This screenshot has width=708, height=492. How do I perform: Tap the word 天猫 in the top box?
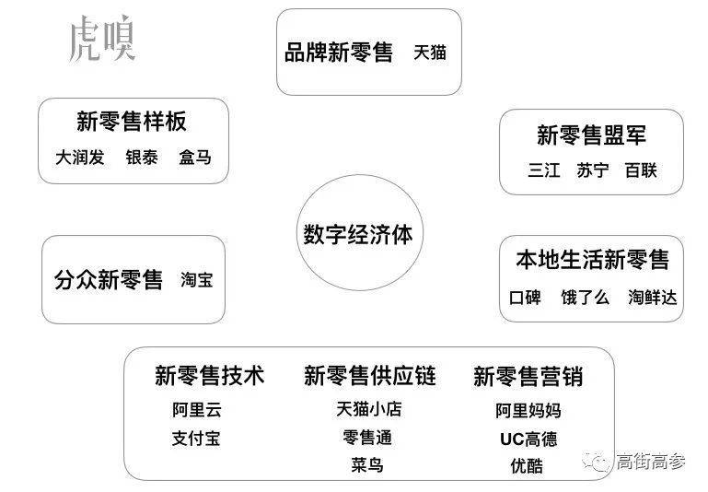tap(429, 53)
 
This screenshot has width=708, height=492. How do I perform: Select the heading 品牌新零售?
tap(338, 52)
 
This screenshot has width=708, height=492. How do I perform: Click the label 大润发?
tap(79, 158)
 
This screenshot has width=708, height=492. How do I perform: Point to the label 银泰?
tap(142, 158)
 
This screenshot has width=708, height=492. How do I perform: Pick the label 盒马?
tap(195, 158)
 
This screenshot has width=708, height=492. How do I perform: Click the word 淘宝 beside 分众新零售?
tap(196, 280)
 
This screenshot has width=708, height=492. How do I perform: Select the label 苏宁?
tap(592, 170)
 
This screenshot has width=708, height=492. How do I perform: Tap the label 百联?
tap(641, 170)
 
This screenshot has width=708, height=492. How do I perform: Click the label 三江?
tap(544, 170)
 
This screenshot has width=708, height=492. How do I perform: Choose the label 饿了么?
tap(585, 298)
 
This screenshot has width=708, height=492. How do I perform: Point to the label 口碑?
tap(525, 298)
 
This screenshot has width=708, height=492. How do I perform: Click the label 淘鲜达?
tap(653, 298)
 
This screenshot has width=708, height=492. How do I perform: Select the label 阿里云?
tap(196, 410)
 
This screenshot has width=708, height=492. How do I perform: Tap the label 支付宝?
tap(196, 439)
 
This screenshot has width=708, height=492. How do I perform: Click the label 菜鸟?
tap(367, 465)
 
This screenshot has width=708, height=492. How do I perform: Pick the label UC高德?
tap(528, 439)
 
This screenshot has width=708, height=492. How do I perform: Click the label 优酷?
tap(527, 466)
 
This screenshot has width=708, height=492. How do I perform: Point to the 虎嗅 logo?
tap(102, 38)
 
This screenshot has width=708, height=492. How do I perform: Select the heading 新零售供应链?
tap(370, 376)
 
